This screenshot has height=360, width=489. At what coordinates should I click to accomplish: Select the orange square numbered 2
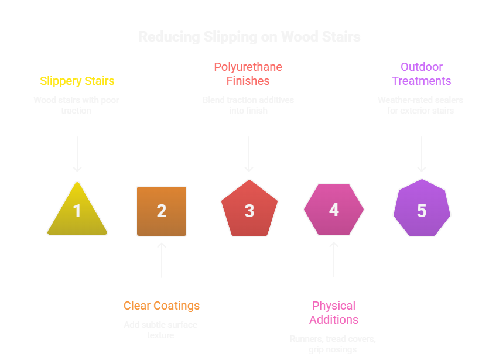[162, 211]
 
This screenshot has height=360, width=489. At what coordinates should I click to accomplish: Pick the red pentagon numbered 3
[249, 210]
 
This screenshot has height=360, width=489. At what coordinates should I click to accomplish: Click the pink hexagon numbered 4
[334, 210]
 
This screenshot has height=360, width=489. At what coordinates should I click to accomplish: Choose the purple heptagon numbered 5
[422, 210]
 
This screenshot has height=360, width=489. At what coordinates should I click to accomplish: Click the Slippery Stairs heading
[77, 81]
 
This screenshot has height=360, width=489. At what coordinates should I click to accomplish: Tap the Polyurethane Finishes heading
[249, 74]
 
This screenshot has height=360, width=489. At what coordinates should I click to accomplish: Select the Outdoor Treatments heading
[422, 74]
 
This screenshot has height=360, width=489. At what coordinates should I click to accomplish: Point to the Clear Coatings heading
[162, 306]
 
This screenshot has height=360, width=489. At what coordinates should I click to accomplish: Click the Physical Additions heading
[334, 313]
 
